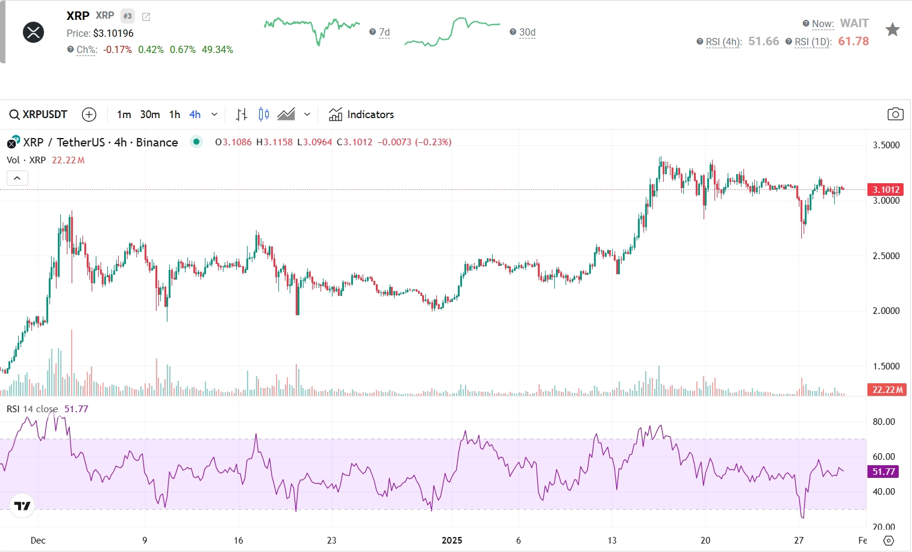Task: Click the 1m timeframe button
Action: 124,114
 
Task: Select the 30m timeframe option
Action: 150,114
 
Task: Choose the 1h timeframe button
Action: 175,114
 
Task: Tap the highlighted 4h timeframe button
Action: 195,114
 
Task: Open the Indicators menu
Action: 361,114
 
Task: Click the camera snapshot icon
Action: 895,114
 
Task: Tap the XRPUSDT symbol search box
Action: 39,114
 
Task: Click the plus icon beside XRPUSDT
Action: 89,114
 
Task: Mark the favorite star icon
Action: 892,30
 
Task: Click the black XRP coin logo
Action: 33,32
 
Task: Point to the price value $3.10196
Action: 113,33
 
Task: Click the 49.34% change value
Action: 217,49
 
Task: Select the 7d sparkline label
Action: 384,32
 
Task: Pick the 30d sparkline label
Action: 527,32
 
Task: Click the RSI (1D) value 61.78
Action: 853,41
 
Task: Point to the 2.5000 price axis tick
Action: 886,256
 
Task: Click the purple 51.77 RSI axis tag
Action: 884,472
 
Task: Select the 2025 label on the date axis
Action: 452,540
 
